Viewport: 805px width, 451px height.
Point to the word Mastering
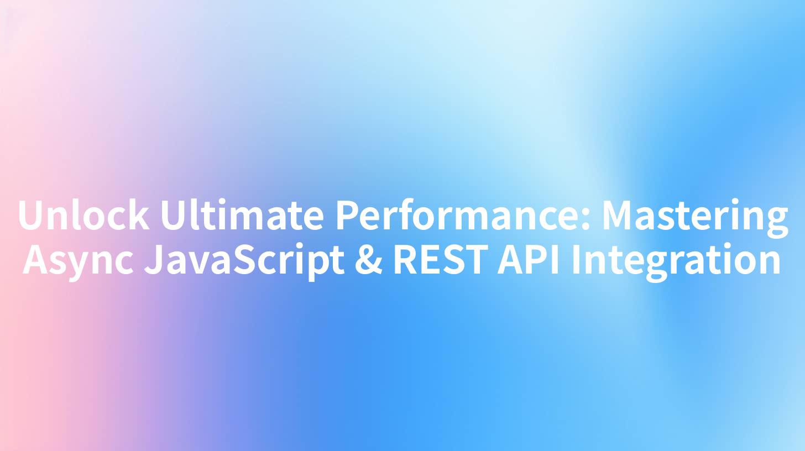coord(694,216)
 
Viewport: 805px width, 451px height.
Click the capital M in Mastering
coord(618,216)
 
